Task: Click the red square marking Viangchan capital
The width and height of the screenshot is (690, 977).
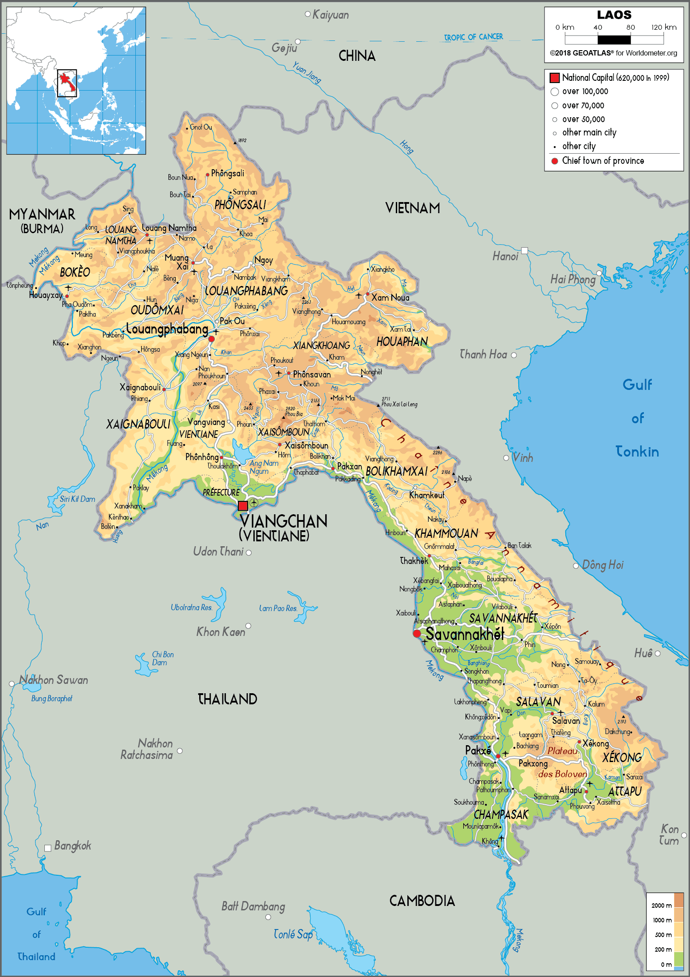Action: click(x=243, y=506)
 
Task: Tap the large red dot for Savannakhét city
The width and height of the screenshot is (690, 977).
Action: click(x=417, y=634)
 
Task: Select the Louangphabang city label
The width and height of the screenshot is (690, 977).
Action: click(x=167, y=330)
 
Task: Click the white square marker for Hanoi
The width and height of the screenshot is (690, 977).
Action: click(x=524, y=250)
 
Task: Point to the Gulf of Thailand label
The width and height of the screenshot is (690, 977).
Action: click(x=36, y=934)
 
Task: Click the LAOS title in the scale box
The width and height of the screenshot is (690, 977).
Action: click(x=614, y=15)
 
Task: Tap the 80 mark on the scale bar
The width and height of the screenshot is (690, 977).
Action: click(x=630, y=28)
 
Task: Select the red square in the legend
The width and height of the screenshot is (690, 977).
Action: click(x=554, y=78)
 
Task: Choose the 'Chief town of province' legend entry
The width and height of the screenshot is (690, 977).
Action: click(x=603, y=161)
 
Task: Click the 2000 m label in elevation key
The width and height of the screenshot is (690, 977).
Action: click(x=661, y=906)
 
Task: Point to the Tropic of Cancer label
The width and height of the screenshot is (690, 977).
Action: click(x=473, y=37)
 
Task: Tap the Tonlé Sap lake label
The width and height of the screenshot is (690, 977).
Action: click(x=293, y=934)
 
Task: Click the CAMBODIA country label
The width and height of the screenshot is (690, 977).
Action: click(x=422, y=901)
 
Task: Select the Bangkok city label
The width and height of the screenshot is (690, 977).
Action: click(x=72, y=846)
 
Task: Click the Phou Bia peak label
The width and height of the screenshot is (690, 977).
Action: click(x=294, y=414)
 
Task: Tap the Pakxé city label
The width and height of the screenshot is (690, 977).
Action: click(x=477, y=751)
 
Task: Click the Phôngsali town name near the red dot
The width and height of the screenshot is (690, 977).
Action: click(x=227, y=173)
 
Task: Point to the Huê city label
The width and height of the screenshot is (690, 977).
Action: click(x=643, y=653)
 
